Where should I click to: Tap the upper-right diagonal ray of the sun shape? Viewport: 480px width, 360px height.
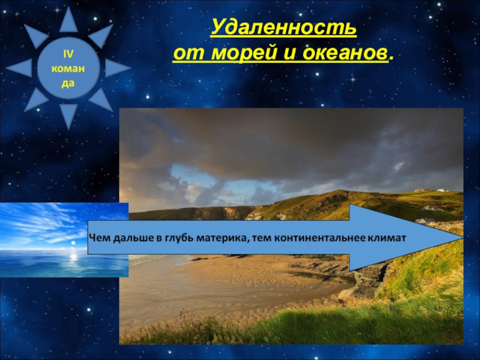coord(100,35)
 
